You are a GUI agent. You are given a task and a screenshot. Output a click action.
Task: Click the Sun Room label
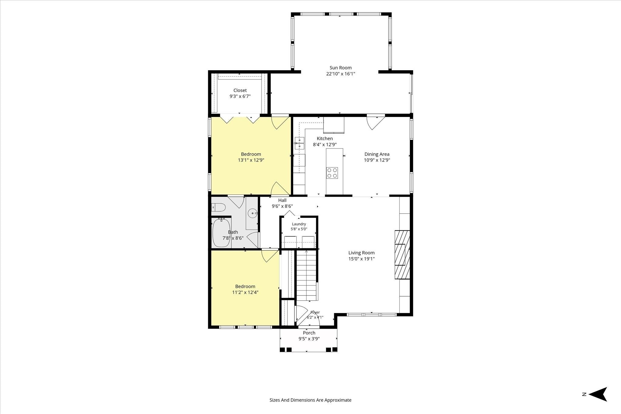(x=341, y=68)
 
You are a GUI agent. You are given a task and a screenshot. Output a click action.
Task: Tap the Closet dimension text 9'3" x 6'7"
(x=240, y=96)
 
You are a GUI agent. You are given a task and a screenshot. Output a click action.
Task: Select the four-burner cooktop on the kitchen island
(x=332, y=173)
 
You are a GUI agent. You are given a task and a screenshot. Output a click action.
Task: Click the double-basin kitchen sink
(x=300, y=143)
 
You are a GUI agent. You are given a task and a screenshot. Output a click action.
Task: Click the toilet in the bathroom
(x=218, y=208)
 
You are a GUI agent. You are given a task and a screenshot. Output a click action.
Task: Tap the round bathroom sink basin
(x=252, y=213)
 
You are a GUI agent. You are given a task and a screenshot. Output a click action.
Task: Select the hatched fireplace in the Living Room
(x=402, y=255)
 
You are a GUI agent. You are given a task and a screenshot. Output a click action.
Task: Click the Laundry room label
(x=299, y=224)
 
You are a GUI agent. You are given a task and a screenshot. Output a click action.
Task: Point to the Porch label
(x=309, y=333)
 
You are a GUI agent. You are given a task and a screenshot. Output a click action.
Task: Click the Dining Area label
(x=377, y=154)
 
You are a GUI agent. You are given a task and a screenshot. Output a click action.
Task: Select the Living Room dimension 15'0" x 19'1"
(x=361, y=259)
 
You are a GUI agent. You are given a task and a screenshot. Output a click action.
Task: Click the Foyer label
(x=315, y=312)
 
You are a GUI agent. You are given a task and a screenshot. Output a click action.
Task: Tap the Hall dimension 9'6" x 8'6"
(x=282, y=206)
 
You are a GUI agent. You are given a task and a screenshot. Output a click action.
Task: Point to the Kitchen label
(x=325, y=139)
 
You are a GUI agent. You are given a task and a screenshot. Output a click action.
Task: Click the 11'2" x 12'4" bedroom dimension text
(x=245, y=292)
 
